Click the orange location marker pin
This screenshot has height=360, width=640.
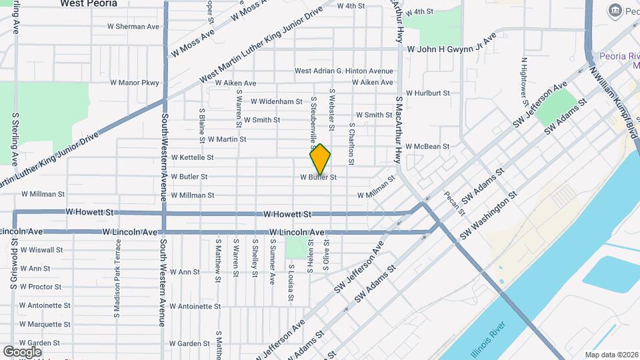[320, 159]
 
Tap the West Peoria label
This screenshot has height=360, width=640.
[89, 3]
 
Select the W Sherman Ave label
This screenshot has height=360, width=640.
[133, 27]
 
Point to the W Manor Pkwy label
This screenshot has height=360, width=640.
[135, 83]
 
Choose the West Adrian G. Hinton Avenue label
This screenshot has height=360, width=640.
[344, 71]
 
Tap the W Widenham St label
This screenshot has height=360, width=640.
[277, 101]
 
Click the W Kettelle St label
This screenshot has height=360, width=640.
[192, 157]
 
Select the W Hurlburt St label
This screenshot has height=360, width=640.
[428, 93]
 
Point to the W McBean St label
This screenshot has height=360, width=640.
[428, 147]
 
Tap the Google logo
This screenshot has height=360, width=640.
[22, 351]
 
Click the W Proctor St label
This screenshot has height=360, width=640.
[41, 287]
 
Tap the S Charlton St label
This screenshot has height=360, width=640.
[351, 144]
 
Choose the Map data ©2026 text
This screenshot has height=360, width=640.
[611, 355]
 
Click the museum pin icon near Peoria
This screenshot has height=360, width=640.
[615, 10]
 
